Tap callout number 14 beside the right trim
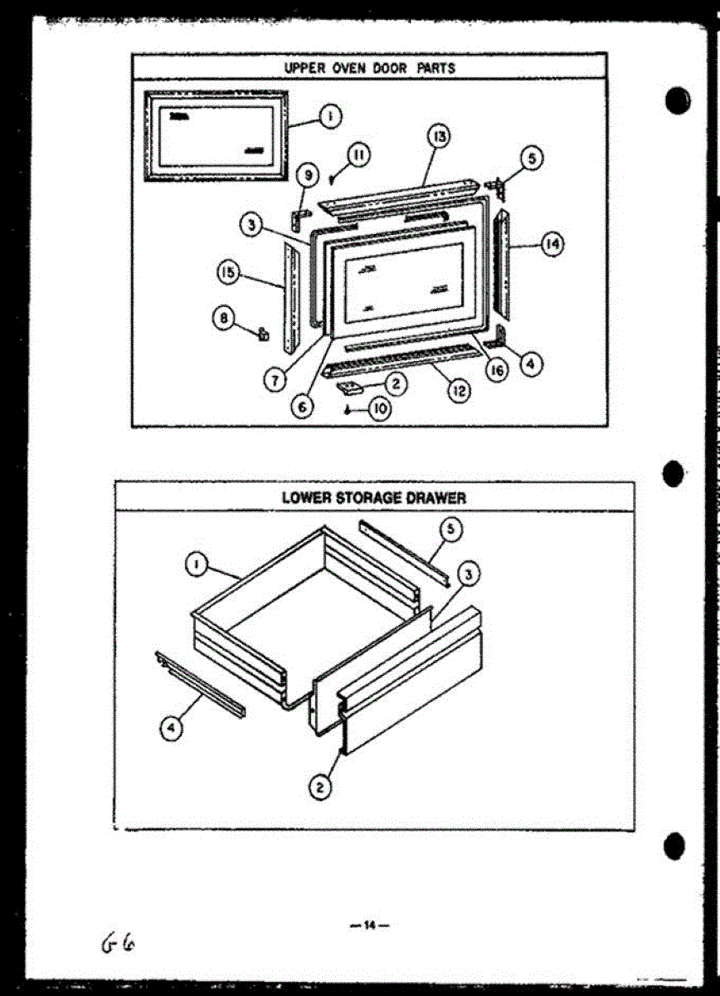click(551, 244)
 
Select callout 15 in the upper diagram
click(227, 271)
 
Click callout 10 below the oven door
click(380, 409)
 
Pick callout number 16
click(496, 370)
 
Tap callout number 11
click(359, 154)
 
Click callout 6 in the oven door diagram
click(303, 408)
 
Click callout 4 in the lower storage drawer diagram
click(169, 728)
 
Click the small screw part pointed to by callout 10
click(346, 409)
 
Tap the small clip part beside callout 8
click(265, 333)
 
